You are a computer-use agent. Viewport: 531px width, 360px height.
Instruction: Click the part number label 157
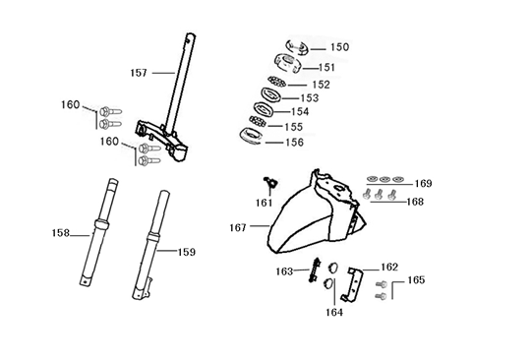pyautogui.click(x=139, y=73)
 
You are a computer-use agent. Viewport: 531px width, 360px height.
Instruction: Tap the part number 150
pyautogui.click(x=339, y=47)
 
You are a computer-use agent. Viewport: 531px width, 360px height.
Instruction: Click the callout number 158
pyautogui.click(x=61, y=233)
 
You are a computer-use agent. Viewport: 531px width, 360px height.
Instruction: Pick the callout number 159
pyautogui.click(x=186, y=252)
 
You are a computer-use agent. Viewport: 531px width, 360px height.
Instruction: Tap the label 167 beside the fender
pyautogui.click(x=238, y=227)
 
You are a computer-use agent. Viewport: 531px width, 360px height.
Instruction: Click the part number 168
pyautogui.click(x=415, y=202)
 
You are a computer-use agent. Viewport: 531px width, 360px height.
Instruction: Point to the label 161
pyautogui.click(x=264, y=204)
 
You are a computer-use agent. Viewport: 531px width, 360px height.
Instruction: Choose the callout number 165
pyautogui.click(x=417, y=280)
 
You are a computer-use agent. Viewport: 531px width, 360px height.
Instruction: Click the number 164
pyautogui.click(x=336, y=314)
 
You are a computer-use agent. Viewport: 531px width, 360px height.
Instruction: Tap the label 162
pyautogui.click(x=389, y=267)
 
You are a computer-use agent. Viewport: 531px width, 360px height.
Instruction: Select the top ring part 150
pyautogui.click(x=297, y=45)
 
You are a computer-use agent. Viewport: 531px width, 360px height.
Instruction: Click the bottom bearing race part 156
pyautogui.click(x=253, y=136)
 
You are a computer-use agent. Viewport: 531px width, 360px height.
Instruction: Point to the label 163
pyautogui.click(x=284, y=270)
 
